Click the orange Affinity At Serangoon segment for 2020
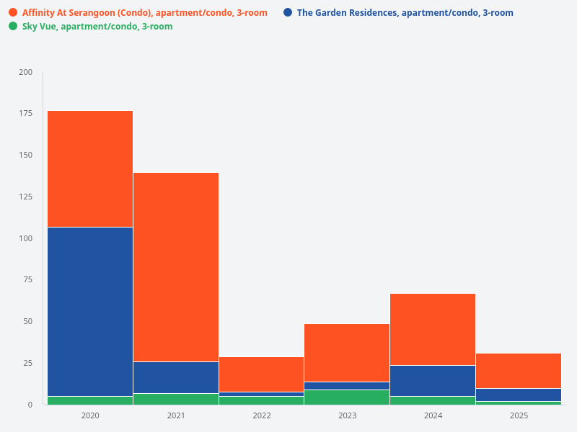pyautogui.click(x=90, y=168)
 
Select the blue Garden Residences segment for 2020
pyautogui.click(x=90, y=311)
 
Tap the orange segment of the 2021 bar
pyautogui.click(x=176, y=266)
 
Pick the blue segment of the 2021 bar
pyautogui.click(x=176, y=377)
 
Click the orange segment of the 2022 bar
pyautogui.click(x=262, y=374)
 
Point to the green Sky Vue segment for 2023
pyautogui.click(x=347, y=397)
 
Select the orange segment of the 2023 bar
pyautogui.click(x=347, y=352)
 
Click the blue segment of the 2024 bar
pyautogui.click(x=433, y=380)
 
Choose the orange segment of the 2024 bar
pyautogui.click(x=433, y=329)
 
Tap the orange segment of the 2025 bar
pyautogui.click(x=519, y=371)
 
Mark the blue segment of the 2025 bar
pyautogui.click(x=519, y=395)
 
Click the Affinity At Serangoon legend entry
pyautogui.click(x=144, y=13)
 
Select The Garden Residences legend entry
pyautogui.click(x=405, y=13)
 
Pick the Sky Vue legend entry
pyautogui.click(x=97, y=27)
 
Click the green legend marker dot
pyautogui.click(x=13, y=27)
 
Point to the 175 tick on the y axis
pyautogui.click(x=25, y=114)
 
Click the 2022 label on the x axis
pyautogui.click(x=262, y=415)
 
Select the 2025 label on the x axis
pyautogui.click(x=519, y=415)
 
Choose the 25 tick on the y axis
pyautogui.click(x=28, y=363)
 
